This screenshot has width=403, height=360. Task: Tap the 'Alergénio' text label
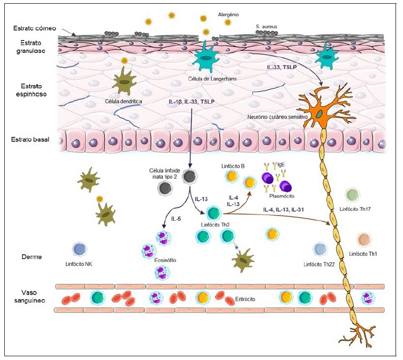tap(229, 14)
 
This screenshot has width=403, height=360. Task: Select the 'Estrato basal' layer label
tap(30, 140)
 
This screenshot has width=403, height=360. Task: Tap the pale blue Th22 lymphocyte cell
tap(320, 249)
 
